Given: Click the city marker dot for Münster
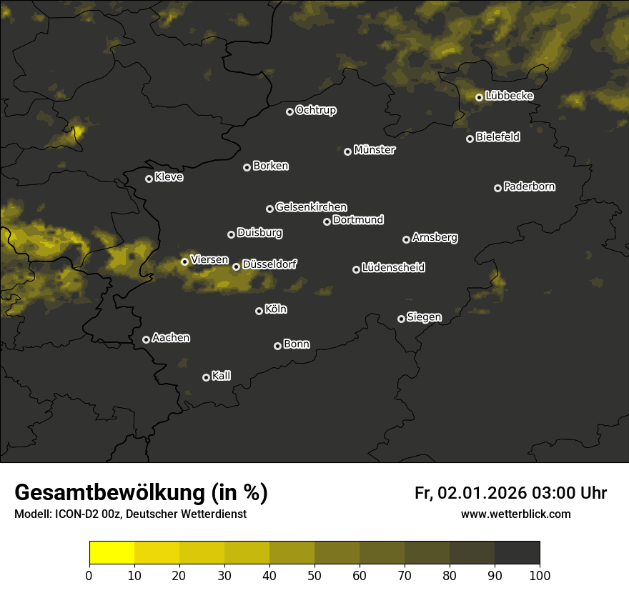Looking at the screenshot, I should point(348,151).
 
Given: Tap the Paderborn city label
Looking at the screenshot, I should point(530,186).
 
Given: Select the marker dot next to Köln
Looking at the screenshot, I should point(259,311).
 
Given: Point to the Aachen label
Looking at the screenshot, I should point(171,338).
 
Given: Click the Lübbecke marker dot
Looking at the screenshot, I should point(479,97).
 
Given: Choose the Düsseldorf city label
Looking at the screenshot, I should point(269,264).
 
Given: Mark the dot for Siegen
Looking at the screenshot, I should point(401,319).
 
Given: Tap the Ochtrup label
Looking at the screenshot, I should point(315,110).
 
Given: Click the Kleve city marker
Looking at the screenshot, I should point(149,179).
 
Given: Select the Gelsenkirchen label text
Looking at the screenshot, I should point(311,207).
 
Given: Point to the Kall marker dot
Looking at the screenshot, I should point(206,377).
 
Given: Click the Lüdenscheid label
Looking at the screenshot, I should point(393,268).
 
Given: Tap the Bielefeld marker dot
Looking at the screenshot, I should point(470,139).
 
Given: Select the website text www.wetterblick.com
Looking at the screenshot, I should point(515,514).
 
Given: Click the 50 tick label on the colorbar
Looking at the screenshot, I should point(314,575).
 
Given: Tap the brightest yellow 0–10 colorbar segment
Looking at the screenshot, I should point(112,552).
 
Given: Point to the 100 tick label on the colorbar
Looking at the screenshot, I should point(539,575).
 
